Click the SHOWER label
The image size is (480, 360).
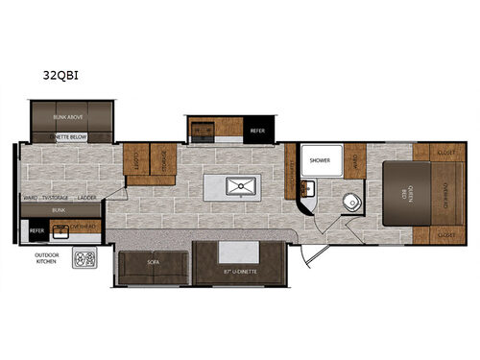(x=320, y=162)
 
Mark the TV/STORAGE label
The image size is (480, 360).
(x=55, y=198)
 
